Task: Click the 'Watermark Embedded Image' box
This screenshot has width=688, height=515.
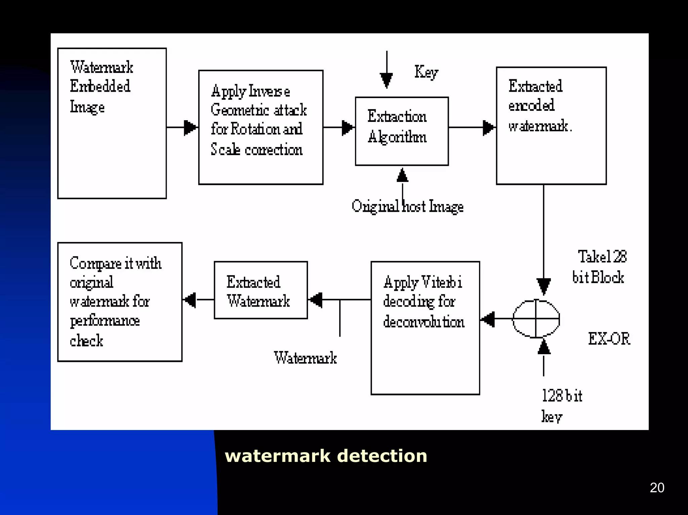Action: click(112, 123)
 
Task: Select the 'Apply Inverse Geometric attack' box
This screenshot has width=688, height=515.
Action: click(261, 127)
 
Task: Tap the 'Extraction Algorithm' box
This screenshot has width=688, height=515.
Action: click(402, 131)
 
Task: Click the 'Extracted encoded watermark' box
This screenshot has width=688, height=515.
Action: click(551, 126)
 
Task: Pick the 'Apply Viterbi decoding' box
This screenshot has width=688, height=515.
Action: click(425, 328)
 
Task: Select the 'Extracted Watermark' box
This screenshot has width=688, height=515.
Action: click(261, 290)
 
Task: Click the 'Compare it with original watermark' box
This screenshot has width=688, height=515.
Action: click(120, 301)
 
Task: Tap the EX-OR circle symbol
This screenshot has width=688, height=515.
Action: click(536, 318)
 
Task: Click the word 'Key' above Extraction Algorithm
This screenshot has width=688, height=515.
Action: click(426, 72)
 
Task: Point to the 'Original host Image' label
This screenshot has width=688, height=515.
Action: click(407, 206)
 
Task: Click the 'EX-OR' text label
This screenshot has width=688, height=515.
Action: click(609, 338)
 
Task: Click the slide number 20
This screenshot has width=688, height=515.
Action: click(657, 487)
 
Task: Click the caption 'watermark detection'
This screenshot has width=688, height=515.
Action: click(326, 456)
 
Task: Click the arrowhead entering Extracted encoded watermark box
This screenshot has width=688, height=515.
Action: click(489, 128)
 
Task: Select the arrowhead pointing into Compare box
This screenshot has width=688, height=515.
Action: click(190, 299)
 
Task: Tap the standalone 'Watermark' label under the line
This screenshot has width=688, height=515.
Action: click(305, 358)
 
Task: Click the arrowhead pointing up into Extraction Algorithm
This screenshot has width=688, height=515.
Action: click(402, 175)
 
